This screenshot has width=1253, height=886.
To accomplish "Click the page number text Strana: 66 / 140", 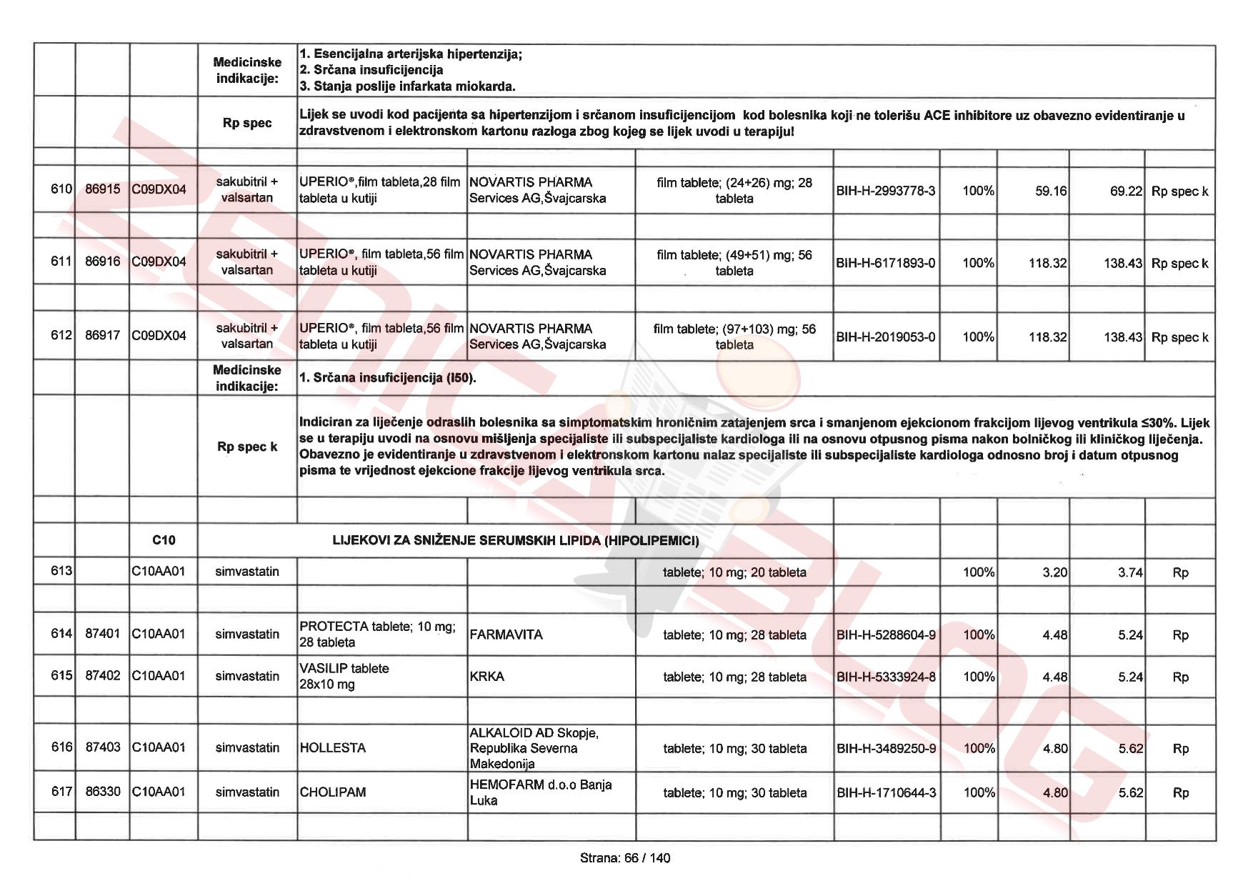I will pyautogui.click(x=625, y=858).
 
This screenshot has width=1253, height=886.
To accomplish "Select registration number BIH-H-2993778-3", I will pyautogui.click(x=885, y=191).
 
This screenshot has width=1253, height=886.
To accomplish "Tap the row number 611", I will pyautogui.click(x=61, y=262).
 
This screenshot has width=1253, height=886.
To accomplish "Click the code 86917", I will pyautogui.click(x=103, y=335).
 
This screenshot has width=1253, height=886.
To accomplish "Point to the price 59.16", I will pyautogui.click(x=1051, y=191).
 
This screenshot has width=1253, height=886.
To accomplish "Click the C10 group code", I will pyautogui.click(x=164, y=540).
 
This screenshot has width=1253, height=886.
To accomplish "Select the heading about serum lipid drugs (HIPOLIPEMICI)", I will pyautogui.click(x=515, y=540).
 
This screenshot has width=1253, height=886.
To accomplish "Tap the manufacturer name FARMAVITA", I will pyautogui.click(x=506, y=634).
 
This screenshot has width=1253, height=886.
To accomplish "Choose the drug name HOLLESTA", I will pyautogui.click(x=333, y=748).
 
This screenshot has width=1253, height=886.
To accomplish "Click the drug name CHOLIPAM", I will pyautogui.click(x=333, y=792).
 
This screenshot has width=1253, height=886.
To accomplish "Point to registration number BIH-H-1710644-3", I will pyautogui.click(x=886, y=792).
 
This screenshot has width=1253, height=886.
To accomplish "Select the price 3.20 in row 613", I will pyautogui.click(x=1054, y=572).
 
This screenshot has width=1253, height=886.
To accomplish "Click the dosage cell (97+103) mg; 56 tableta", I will pyautogui.click(x=734, y=337).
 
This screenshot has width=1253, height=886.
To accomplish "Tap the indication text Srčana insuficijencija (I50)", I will pyautogui.click(x=388, y=377).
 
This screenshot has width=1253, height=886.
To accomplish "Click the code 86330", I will pyautogui.click(x=103, y=792).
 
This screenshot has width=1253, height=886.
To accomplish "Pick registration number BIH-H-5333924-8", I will pyautogui.click(x=886, y=677).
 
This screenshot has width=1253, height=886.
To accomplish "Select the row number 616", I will pyautogui.click(x=61, y=747).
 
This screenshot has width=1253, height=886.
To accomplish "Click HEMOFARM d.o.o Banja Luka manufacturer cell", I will pyautogui.click(x=540, y=792).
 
